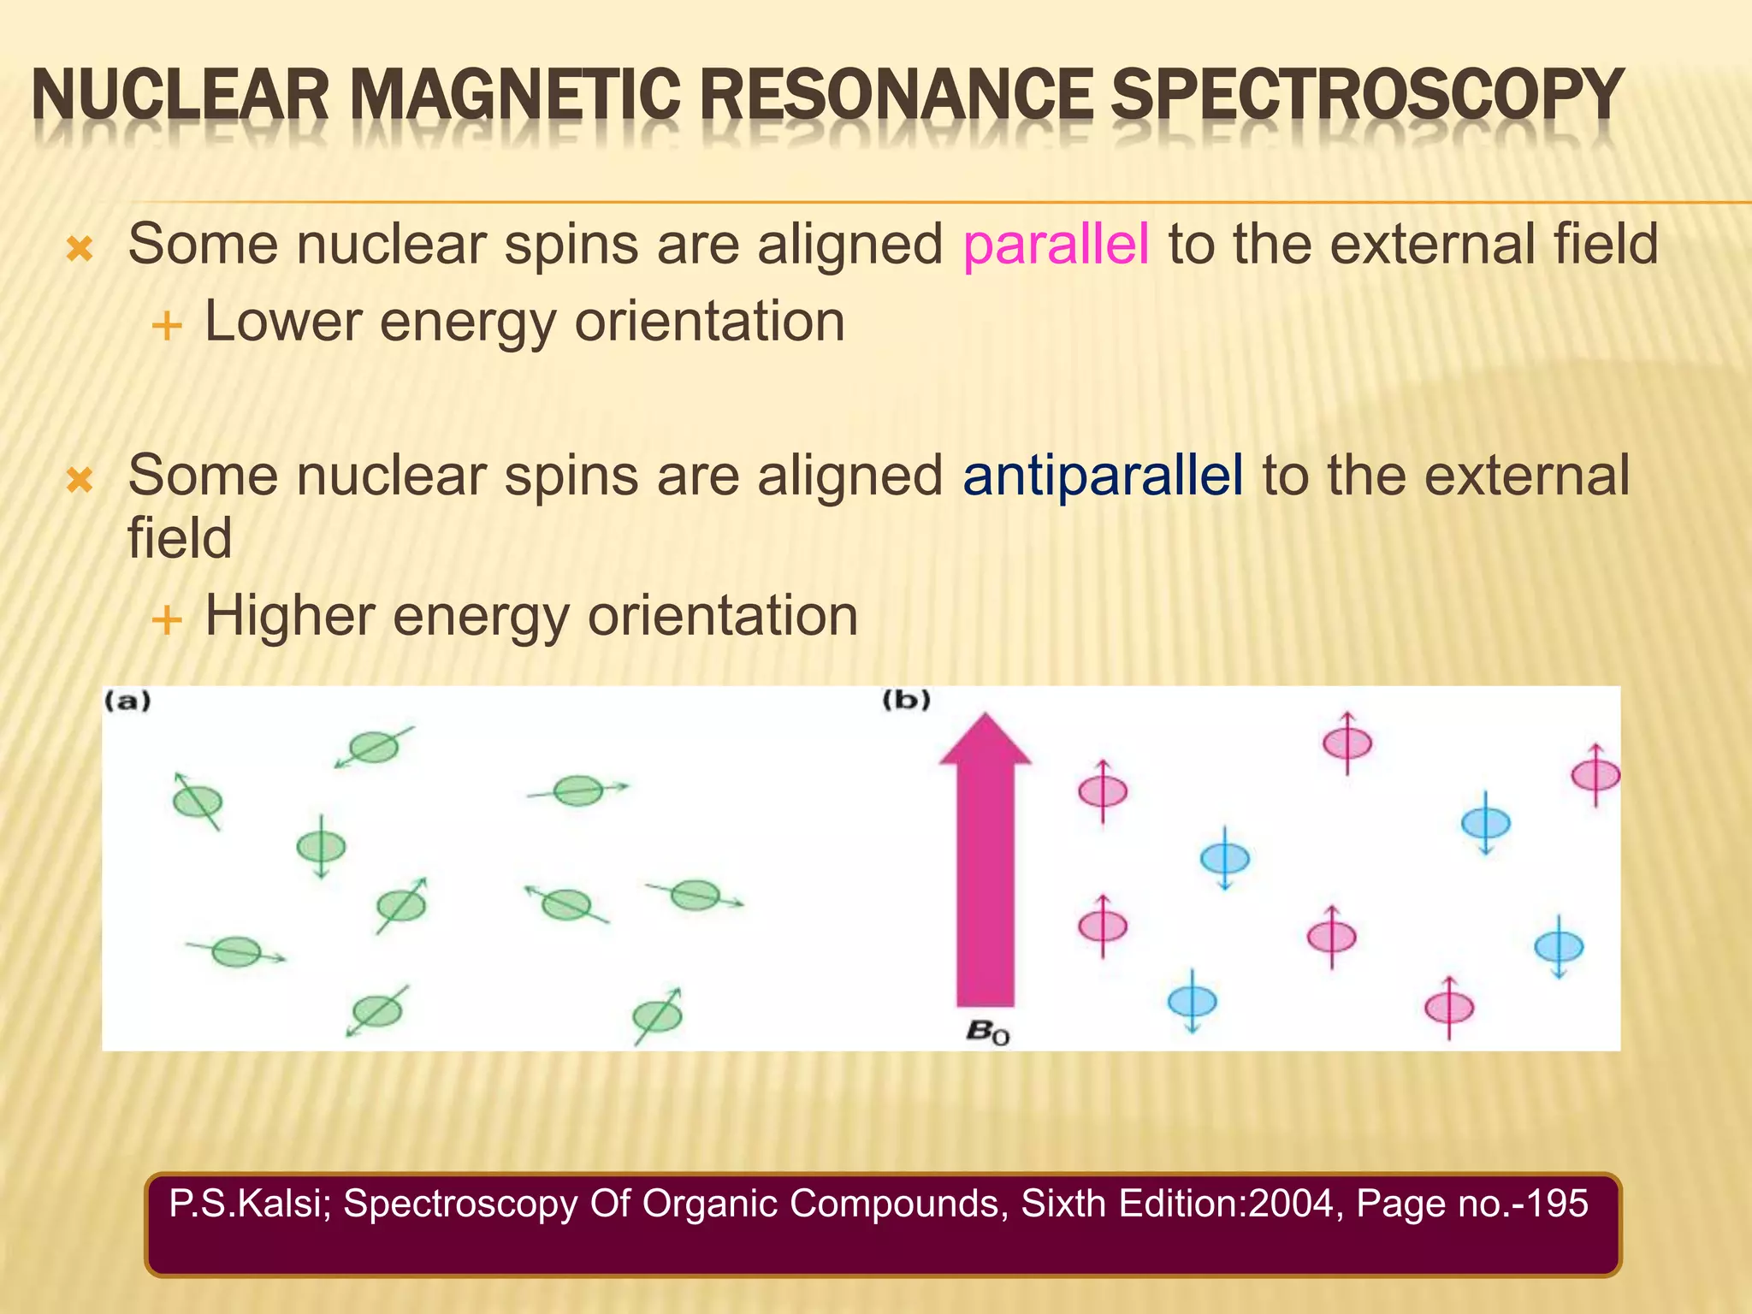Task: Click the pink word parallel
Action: click(x=1056, y=246)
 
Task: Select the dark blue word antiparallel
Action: click(x=1102, y=476)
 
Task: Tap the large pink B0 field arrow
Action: click(x=985, y=864)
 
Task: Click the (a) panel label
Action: click(x=127, y=701)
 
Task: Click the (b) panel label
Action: click(x=906, y=701)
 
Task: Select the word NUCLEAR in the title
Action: click(x=181, y=96)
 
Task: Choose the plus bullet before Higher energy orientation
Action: click(x=166, y=619)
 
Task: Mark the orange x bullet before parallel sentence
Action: click(x=80, y=250)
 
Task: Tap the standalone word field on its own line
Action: click(x=180, y=539)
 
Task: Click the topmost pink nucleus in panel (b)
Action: click(x=1347, y=743)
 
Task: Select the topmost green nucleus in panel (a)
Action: click(x=374, y=747)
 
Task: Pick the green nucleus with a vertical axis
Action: click(x=321, y=847)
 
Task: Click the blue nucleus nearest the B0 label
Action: click(x=1192, y=1000)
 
